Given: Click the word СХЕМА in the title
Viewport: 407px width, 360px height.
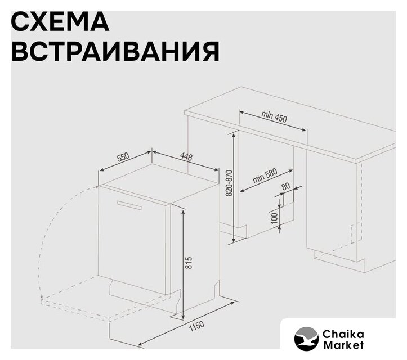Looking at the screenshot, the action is (60, 22).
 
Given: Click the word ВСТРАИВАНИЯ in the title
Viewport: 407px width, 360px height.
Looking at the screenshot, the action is (116, 51).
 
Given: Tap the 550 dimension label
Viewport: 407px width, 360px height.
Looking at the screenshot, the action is (123, 157).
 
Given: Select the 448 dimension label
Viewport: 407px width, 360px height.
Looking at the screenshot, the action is (186, 157).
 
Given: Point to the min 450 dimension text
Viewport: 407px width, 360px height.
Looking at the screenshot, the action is (274, 116).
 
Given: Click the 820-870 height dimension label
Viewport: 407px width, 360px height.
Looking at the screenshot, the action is (229, 183).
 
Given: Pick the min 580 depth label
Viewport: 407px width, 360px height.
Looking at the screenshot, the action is (265, 175).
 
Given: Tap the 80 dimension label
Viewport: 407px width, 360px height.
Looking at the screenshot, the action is (285, 186).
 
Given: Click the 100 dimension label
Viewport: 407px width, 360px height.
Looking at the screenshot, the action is (274, 218).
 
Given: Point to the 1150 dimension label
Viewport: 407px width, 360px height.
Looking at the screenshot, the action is (196, 327).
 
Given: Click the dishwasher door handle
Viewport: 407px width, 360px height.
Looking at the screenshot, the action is (129, 205).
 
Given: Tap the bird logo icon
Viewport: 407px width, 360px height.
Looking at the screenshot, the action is (306, 339).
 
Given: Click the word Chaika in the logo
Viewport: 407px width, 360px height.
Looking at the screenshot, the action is (343, 334).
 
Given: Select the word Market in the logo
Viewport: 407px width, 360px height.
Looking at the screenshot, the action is (343, 345).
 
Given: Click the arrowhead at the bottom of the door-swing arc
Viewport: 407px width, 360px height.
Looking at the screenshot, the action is (41, 297).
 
